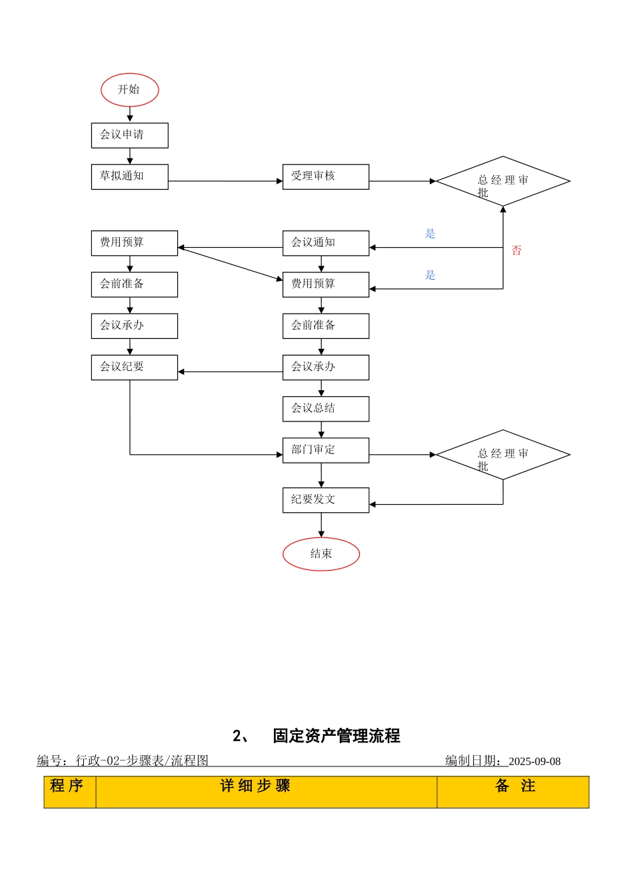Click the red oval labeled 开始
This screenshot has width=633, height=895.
129,90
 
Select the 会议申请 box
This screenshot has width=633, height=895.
129,135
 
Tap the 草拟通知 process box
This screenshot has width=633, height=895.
129,176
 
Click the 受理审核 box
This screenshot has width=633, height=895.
325,176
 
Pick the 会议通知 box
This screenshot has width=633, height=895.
325,243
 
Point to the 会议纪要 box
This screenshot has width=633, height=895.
134,367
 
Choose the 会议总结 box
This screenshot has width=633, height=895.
325,408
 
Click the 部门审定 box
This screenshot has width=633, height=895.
325,450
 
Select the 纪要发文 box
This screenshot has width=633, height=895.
325,500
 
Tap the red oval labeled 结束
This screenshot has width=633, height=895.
321,554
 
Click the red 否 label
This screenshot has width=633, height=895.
516,250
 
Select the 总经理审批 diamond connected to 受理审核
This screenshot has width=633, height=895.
503,181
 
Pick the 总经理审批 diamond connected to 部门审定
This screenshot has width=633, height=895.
503,455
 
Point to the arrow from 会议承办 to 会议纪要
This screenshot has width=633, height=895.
230,372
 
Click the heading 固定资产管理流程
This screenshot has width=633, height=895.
336,736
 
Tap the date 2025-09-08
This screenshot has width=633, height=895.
534,761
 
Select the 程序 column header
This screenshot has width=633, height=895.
67,786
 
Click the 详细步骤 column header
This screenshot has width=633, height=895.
255,786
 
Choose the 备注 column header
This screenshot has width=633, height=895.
515,786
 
